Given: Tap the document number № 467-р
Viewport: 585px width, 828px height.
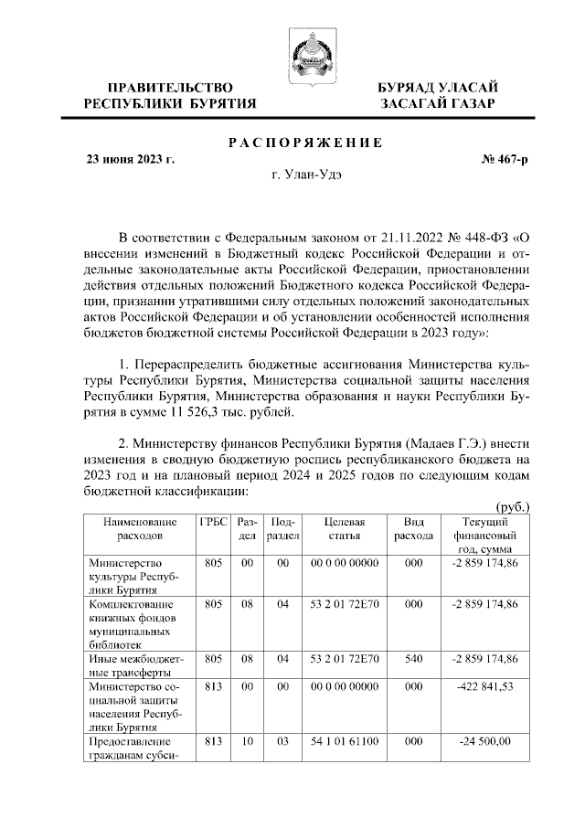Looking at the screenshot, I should click(504, 159).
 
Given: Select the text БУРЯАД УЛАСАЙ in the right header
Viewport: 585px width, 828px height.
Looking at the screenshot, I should click(438, 87).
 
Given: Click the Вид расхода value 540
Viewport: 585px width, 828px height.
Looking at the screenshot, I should click(413, 658).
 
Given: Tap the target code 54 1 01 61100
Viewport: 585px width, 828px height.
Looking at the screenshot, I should click(345, 742).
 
